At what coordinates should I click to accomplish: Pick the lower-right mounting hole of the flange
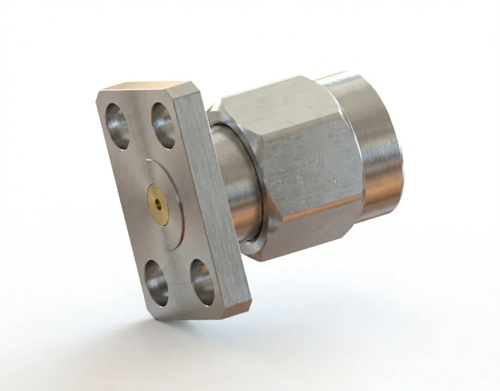pos(201,281)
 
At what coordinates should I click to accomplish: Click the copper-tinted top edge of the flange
pos(143,87)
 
